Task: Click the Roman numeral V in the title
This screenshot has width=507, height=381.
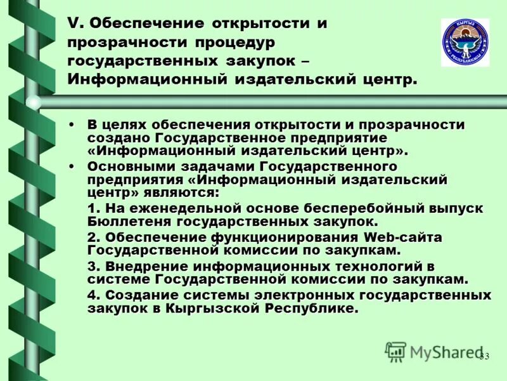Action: coord(73,24)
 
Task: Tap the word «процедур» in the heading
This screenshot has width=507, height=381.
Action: coord(231,43)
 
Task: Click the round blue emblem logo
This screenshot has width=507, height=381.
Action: coord(465,42)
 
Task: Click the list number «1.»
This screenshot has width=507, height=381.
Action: coord(93,209)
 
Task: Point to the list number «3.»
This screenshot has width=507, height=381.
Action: coord(93,266)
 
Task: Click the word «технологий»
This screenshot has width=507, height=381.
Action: coord(364,266)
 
